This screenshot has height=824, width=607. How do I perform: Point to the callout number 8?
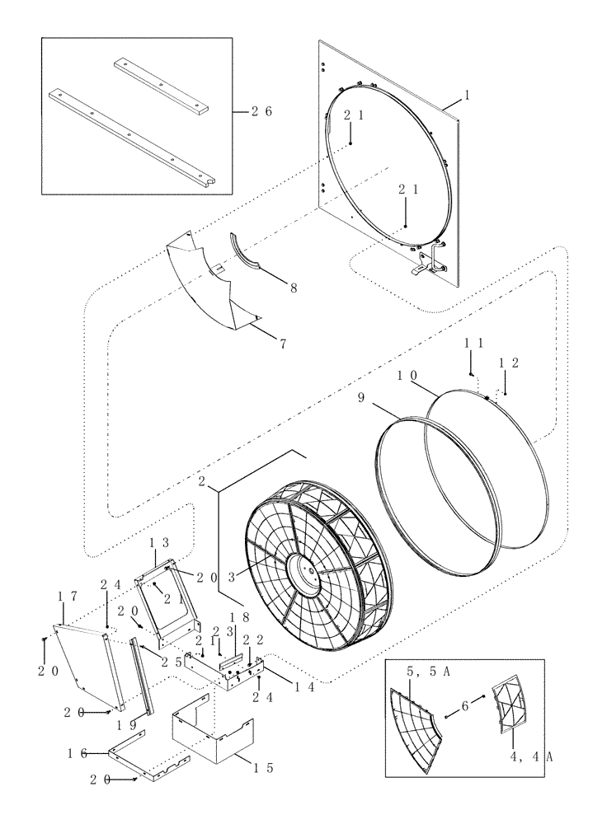coord(294,289)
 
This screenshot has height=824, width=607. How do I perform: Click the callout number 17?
coord(64,595)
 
